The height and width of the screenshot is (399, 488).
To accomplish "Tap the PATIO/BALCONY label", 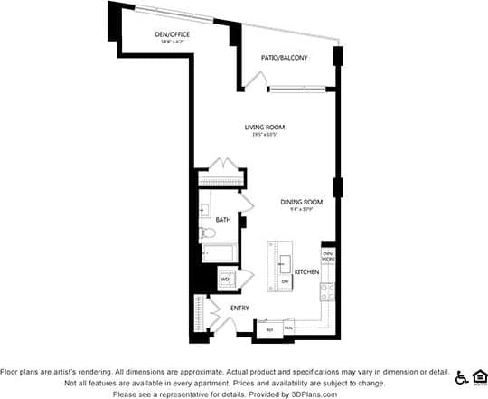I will click(x=285, y=58).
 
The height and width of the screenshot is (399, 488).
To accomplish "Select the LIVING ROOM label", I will click(x=265, y=127).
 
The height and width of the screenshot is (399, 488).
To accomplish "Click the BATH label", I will click(x=222, y=220).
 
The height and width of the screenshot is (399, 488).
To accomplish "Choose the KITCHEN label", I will click(x=306, y=272).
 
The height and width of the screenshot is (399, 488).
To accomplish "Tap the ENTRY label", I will click(x=239, y=309).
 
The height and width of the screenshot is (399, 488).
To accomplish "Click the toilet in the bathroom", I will click(x=208, y=233).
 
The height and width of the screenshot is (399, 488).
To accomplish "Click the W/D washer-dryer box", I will click(x=225, y=279).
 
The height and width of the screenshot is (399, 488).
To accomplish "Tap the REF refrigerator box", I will click(x=269, y=329).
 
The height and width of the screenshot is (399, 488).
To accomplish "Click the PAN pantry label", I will click(x=289, y=328).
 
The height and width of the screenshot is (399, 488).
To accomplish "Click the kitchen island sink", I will click(x=284, y=264).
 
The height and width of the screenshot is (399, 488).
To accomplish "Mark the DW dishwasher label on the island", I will click(x=285, y=282).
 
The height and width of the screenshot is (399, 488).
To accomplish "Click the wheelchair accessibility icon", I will click(x=462, y=377).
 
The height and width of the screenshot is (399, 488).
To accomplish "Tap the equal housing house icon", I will click(x=480, y=376).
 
